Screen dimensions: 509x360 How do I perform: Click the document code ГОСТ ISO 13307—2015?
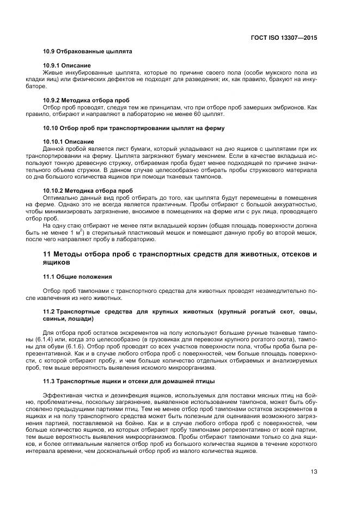pos(285,38)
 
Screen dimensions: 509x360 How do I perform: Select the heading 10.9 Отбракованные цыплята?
pos(88,52)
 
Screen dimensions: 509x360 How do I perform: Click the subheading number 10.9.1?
pos(52,65)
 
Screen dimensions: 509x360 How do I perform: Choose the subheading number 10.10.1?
pos(54,142)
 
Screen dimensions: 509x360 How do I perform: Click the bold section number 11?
pos(46,255)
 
